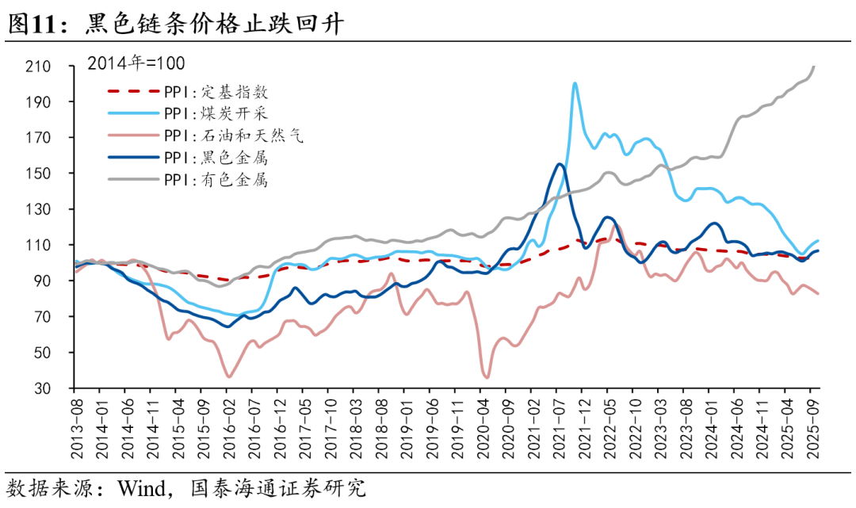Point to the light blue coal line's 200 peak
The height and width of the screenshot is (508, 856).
click(x=575, y=83)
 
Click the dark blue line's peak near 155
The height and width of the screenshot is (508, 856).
click(x=560, y=165)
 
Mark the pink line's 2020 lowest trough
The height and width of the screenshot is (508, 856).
click(x=486, y=377)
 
